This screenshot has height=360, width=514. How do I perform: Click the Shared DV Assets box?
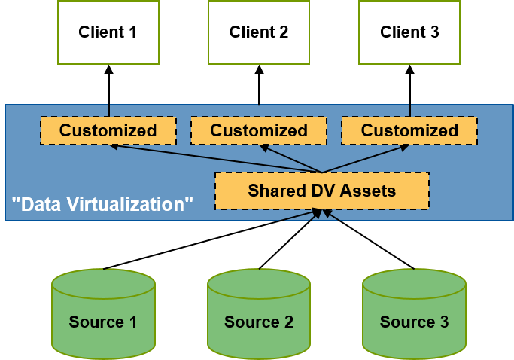click(x=321, y=191)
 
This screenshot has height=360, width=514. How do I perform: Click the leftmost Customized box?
click(x=108, y=130)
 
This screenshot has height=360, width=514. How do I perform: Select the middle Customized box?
click(x=258, y=130)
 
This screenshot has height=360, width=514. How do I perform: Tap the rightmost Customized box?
click(x=409, y=130)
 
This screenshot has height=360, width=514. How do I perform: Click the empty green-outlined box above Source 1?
click(x=108, y=32)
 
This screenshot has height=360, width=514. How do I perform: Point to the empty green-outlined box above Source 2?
click(x=259, y=32)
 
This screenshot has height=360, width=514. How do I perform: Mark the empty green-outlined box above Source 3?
click(x=409, y=32)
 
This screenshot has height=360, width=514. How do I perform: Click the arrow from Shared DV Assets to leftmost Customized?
click(x=218, y=160)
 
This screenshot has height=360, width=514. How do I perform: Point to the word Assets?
click(x=368, y=191)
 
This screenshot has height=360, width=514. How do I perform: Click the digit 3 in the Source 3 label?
click(x=444, y=322)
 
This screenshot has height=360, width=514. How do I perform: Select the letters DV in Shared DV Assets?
click(x=321, y=191)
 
